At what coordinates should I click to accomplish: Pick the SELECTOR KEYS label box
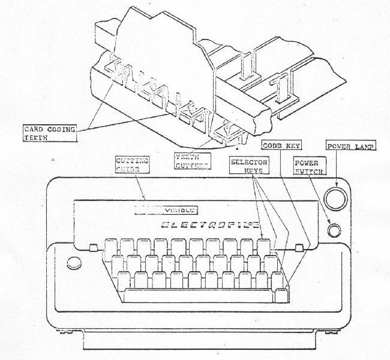tap(250, 167)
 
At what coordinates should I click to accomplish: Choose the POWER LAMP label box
tap(350, 146)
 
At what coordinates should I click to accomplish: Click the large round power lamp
tap(335, 197)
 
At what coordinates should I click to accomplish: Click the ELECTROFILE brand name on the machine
tap(211, 226)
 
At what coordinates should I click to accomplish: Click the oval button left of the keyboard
tap(74, 262)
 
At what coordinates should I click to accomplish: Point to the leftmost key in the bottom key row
tap(124, 279)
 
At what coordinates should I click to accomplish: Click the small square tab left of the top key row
tap(92, 248)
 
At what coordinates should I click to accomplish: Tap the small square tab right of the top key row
tap(298, 248)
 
